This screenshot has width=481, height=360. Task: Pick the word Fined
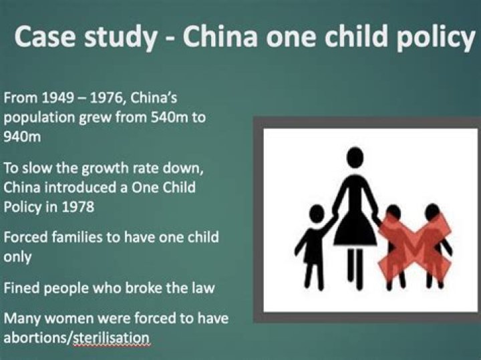point(21,289)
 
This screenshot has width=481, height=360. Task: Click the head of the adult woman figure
point(355,157)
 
